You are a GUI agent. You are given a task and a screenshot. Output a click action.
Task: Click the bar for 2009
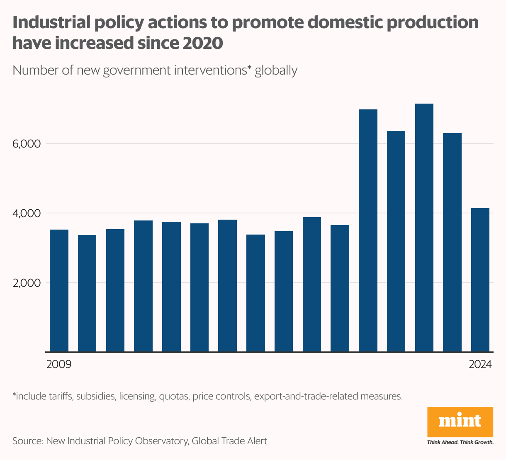tap(59, 290)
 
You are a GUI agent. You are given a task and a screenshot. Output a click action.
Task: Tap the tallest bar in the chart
tap(424, 228)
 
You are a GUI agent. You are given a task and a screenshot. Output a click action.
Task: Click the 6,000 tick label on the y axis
tap(27, 144)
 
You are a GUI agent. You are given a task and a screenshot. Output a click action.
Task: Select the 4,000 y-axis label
tap(27, 213)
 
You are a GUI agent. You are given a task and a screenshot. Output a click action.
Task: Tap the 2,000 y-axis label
tap(27, 283)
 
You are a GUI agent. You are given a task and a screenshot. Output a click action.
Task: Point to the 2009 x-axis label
tap(59, 365)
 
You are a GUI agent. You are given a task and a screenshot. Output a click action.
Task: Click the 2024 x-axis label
tap(480, 365)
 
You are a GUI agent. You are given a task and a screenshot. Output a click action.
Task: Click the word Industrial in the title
tap(51, 23)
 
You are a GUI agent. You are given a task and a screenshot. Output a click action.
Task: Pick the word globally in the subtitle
tap(276, 70)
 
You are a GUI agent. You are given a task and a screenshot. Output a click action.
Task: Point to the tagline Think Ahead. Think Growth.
tap(460, 442)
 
